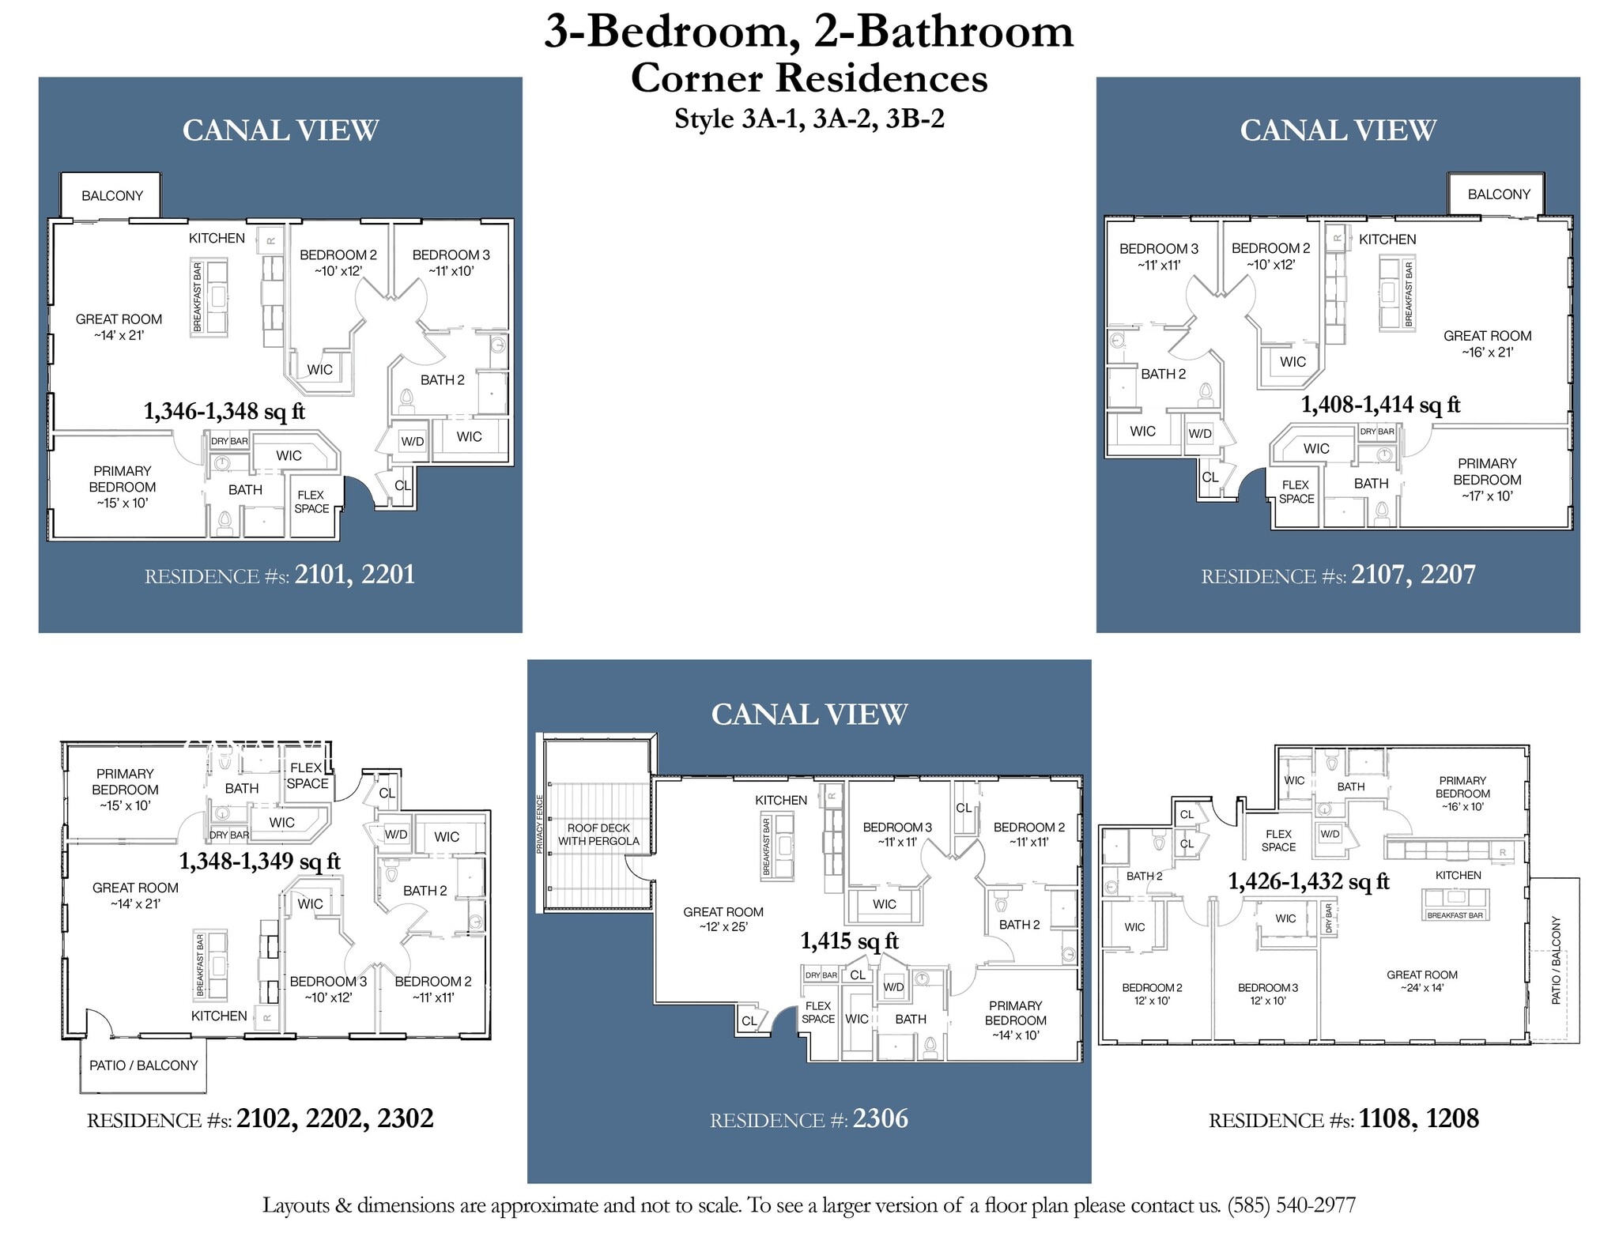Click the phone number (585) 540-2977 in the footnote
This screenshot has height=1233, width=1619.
pyautogui.click(x=1291, y=1205)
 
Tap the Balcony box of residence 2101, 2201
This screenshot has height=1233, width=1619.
pyautogui.click(x=111, y=195)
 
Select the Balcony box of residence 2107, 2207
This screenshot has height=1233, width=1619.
pyautogui.click(x=1498, y=194)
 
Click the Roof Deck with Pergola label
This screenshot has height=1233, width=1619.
pyautogui.click(x=598, y=834)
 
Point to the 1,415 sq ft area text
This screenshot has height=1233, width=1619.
pyautogui.click(x=849, y=941)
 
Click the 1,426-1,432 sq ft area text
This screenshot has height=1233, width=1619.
pyautogui.click(x=1308, y=880)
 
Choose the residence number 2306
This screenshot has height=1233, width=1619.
pyautogui.click(x=880, y=1118)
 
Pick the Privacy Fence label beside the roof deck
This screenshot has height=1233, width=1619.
pyautogui.click(x=540, y=824)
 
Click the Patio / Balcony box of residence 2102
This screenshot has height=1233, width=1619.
pyautogui.click(x=143, y=1065)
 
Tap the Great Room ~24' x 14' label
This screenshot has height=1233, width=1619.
pyautogui.click(x=1421, y=981)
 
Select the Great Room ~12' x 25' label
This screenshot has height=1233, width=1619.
pyautogui.click(x=723, y=918)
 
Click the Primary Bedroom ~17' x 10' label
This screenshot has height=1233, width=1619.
pyautogui.click(x=1486, y=479)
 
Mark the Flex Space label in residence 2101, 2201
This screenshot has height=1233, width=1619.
pyautogui.click(x=311, y=501)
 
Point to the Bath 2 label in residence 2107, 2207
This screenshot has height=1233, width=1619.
pyautogui.click(x=1163, y=374)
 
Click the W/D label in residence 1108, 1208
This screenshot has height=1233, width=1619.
pyautogui.click(x=1330, y=834)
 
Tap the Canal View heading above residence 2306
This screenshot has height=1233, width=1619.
pyautogui.click(x=809, y=714)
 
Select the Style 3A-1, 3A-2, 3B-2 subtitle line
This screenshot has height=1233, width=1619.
pyautogui.click(x=809, y=119)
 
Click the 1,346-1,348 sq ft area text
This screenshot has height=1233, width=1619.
pyautogui.click(x=224, y=411)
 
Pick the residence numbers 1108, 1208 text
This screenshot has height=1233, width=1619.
pyautogui.click(x=1418, y=1118)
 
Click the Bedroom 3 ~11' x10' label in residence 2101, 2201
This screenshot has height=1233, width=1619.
pyautogui.click(x=451, y=262)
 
